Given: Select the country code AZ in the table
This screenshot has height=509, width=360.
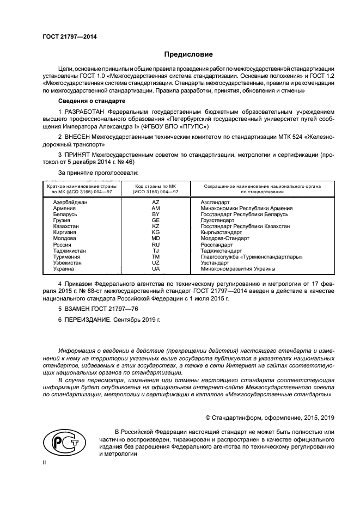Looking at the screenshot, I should tap(155, 202).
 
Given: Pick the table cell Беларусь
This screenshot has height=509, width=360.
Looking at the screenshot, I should tap(65, 214).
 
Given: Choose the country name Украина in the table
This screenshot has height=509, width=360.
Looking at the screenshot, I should tap(64, 269).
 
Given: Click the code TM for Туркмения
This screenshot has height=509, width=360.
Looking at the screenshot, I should tap(155, 257).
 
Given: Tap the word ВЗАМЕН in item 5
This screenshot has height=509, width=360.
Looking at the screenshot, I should tap(78, 309).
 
